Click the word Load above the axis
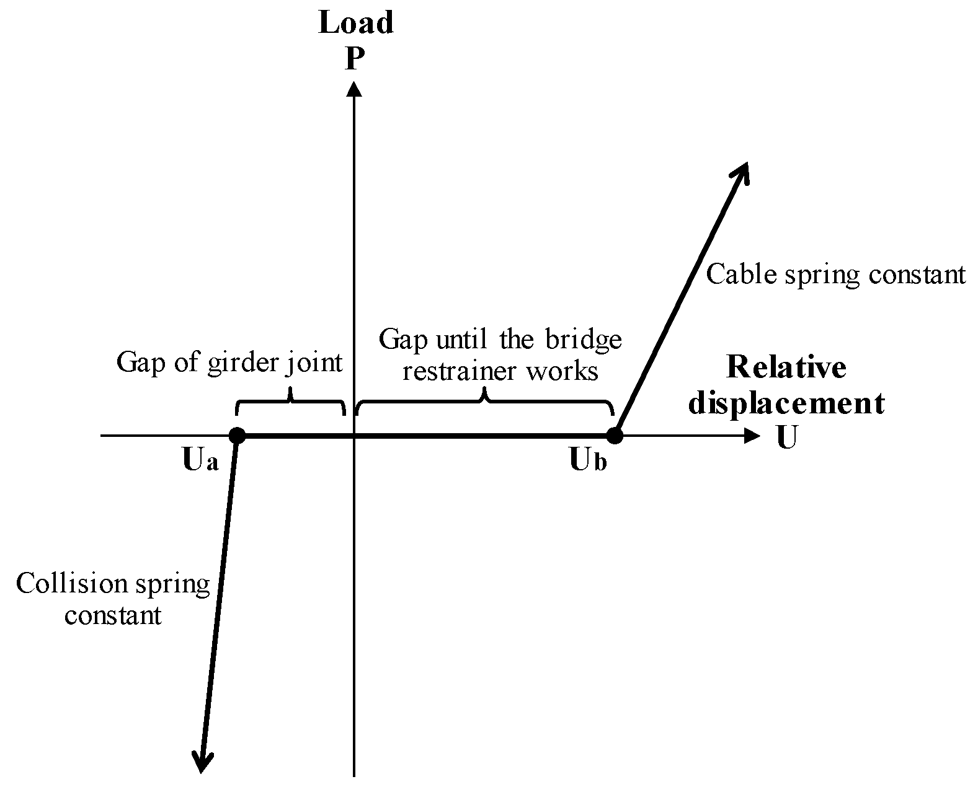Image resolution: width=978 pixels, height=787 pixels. tap(355, 23)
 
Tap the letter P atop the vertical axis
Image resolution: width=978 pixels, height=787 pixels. tap(353, 59)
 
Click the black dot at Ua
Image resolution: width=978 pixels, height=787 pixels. tap(237, 436)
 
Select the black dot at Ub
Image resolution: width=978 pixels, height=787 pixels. tap(614, 436)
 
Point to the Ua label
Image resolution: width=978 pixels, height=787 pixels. tap(200, 461)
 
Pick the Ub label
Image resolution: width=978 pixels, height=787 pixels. tap(588, 461)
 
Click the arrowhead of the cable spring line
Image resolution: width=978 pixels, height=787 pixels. tap(742, 172)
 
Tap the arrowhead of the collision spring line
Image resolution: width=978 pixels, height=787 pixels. tap(202, 762)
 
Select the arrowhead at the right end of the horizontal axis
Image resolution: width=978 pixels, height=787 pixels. tap(751, 436)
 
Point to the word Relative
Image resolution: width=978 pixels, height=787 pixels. tap(786, 367)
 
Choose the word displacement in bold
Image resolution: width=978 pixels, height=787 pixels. tap(786, 403)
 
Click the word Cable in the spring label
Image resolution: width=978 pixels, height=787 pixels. tap(741, 274)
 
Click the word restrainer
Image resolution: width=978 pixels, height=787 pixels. tap(460, 371)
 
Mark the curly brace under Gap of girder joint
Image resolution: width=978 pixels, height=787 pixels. tap(290, 402)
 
